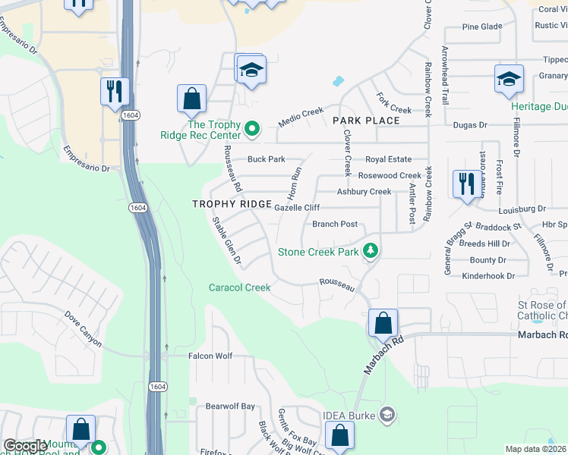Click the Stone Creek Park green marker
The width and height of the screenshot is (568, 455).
[371, 250]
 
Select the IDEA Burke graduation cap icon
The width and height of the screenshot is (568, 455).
[387, 414]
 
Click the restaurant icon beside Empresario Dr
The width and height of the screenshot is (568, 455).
[115, 92]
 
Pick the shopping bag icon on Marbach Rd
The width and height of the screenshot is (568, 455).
[383, 323]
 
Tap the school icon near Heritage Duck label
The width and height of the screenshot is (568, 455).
[508, 80]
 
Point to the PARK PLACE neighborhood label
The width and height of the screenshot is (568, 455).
[366, 121]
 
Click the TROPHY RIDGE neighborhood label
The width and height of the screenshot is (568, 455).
[232, 205]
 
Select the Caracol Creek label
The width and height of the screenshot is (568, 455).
[240, 287]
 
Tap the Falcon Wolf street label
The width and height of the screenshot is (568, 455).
[210, 356]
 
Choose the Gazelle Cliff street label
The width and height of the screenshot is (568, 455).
[296, 207]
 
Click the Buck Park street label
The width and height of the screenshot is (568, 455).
[266, 159]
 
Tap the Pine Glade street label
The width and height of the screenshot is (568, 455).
[482, 27]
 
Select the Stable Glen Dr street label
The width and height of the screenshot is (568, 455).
[226, 242]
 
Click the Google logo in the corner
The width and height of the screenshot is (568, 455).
[25, 446]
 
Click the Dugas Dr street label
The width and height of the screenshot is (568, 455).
[469, 124]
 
